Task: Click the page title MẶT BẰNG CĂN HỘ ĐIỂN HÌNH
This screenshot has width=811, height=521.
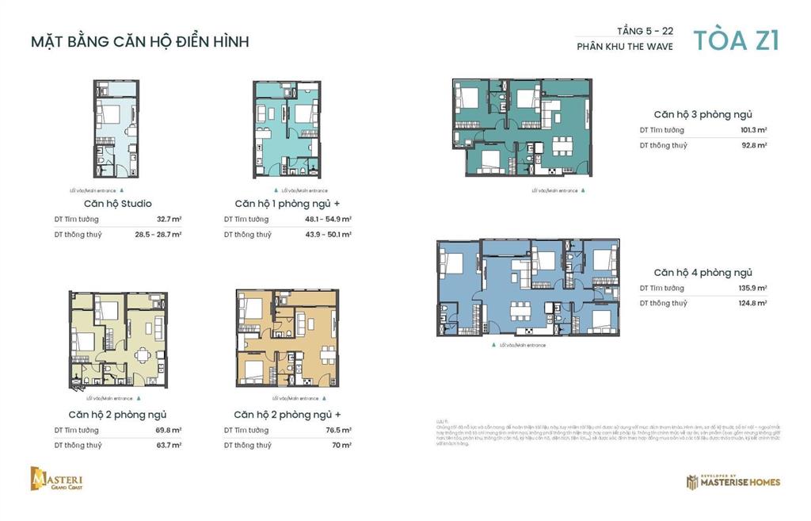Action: point(139,41)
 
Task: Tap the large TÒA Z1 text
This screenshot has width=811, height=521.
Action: point(736,40)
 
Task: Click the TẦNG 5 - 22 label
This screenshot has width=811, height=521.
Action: point(645,31)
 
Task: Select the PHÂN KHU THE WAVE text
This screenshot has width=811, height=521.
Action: point(625,47)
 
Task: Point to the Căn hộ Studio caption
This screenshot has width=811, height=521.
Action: point(118,204)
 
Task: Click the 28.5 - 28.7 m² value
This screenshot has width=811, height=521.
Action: point(158,235)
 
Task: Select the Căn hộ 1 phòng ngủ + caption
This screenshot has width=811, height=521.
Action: point(287,204)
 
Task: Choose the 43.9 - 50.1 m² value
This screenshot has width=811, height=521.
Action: point(328,235)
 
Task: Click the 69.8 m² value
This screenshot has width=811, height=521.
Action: point(169,430)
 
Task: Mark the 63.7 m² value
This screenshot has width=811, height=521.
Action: point(169,445)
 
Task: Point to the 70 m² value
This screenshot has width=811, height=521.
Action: point(341,445)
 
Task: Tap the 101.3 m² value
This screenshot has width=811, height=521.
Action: point(753,130)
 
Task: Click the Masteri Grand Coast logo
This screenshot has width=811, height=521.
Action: point(57,479)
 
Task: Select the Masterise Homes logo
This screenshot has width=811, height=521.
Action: point(733,481)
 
